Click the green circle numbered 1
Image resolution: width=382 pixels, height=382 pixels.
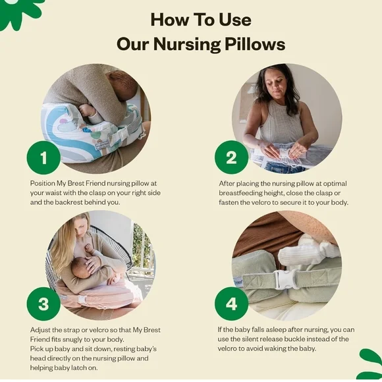click(x=44, y=158)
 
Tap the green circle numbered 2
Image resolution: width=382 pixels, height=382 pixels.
click(x=232, y=158)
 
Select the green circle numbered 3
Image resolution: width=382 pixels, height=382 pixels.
click(x=44, y=304)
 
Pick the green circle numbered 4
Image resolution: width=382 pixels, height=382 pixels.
click(x=232, y=304)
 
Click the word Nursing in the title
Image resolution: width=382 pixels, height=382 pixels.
click(x=185, y=44)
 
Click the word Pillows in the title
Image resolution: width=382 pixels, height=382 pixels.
click(x=252, y=44)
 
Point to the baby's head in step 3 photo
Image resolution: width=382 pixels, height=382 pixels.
click(x=78, y=269)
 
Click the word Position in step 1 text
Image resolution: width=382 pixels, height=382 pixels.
click(x=44, y=182)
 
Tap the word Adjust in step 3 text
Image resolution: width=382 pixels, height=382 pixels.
click(x=41, y=329)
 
